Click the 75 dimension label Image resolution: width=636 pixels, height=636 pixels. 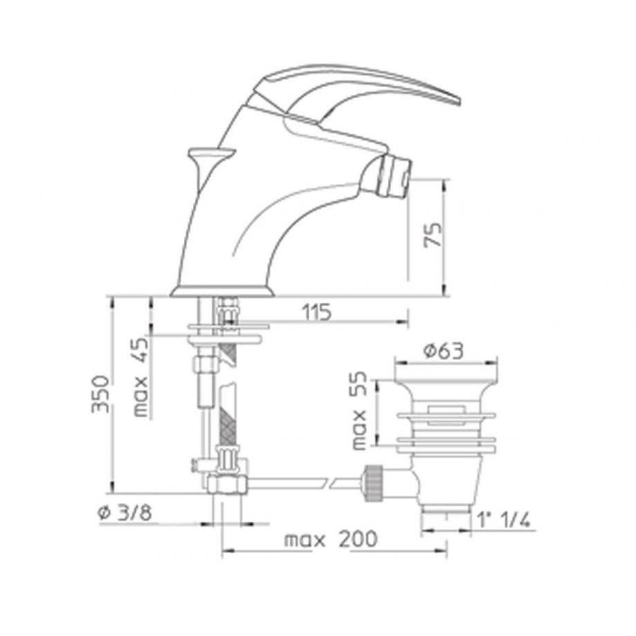point(433,234)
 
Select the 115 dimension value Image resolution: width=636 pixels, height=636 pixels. point(317,312)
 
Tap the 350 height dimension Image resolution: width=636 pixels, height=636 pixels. point(100,394)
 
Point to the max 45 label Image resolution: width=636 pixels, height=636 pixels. point(141,377)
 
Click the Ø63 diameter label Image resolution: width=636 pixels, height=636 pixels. point(443,351)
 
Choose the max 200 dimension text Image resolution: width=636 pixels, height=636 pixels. point(330,539)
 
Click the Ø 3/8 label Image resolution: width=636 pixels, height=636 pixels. point(124,513)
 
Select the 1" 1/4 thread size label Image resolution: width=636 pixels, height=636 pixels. point(503,520)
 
